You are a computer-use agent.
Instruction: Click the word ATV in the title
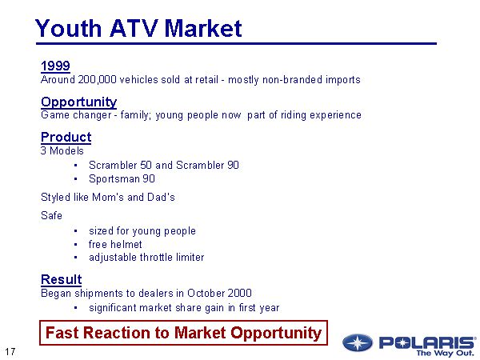(134, 28)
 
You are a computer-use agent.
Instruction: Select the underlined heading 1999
(55, 66)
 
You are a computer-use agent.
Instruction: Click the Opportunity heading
(79, 102)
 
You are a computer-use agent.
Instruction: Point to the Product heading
(66, 137)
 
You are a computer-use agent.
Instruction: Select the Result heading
(62, 279)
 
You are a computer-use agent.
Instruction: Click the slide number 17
(10, 352)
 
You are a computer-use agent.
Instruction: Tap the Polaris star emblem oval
(358, 342)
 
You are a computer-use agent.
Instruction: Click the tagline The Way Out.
(445, 353)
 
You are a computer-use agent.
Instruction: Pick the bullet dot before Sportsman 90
(76, 179)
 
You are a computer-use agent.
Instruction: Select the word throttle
(156, 257)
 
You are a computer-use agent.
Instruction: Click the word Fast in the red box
(62, 333)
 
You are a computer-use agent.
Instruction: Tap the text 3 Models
(62, 151)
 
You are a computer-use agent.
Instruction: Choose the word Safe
(51, 215)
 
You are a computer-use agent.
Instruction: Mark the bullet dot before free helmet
(76, 245)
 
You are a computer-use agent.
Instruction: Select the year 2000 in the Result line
(239, 294)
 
